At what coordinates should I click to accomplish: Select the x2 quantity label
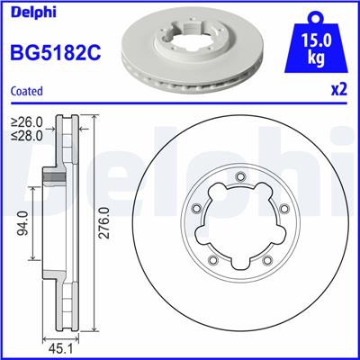[x=339, y=91]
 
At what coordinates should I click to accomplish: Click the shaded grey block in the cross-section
[x=57, y=178]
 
